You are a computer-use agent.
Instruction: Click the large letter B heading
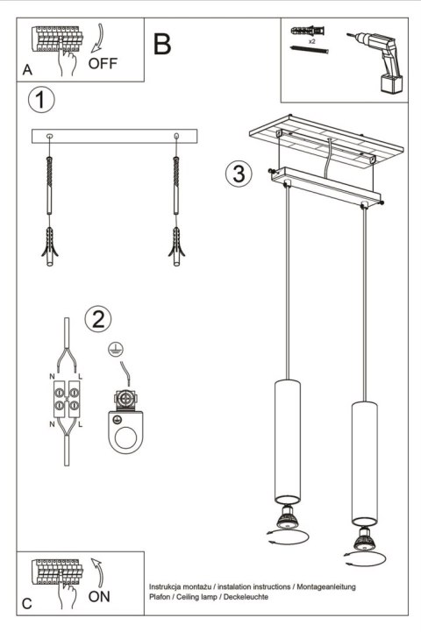click(x=162, y=45)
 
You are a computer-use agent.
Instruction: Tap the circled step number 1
click(x=40, y=100)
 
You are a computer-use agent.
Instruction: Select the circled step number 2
click(x=98, y=318)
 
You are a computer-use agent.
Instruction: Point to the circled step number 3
click(x=235, y=173)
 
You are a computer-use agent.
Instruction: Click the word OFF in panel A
click(x=102, y=63)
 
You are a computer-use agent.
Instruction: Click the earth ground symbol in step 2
click(x=113, y=350)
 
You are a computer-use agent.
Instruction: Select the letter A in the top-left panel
click(x=28, y=69)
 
